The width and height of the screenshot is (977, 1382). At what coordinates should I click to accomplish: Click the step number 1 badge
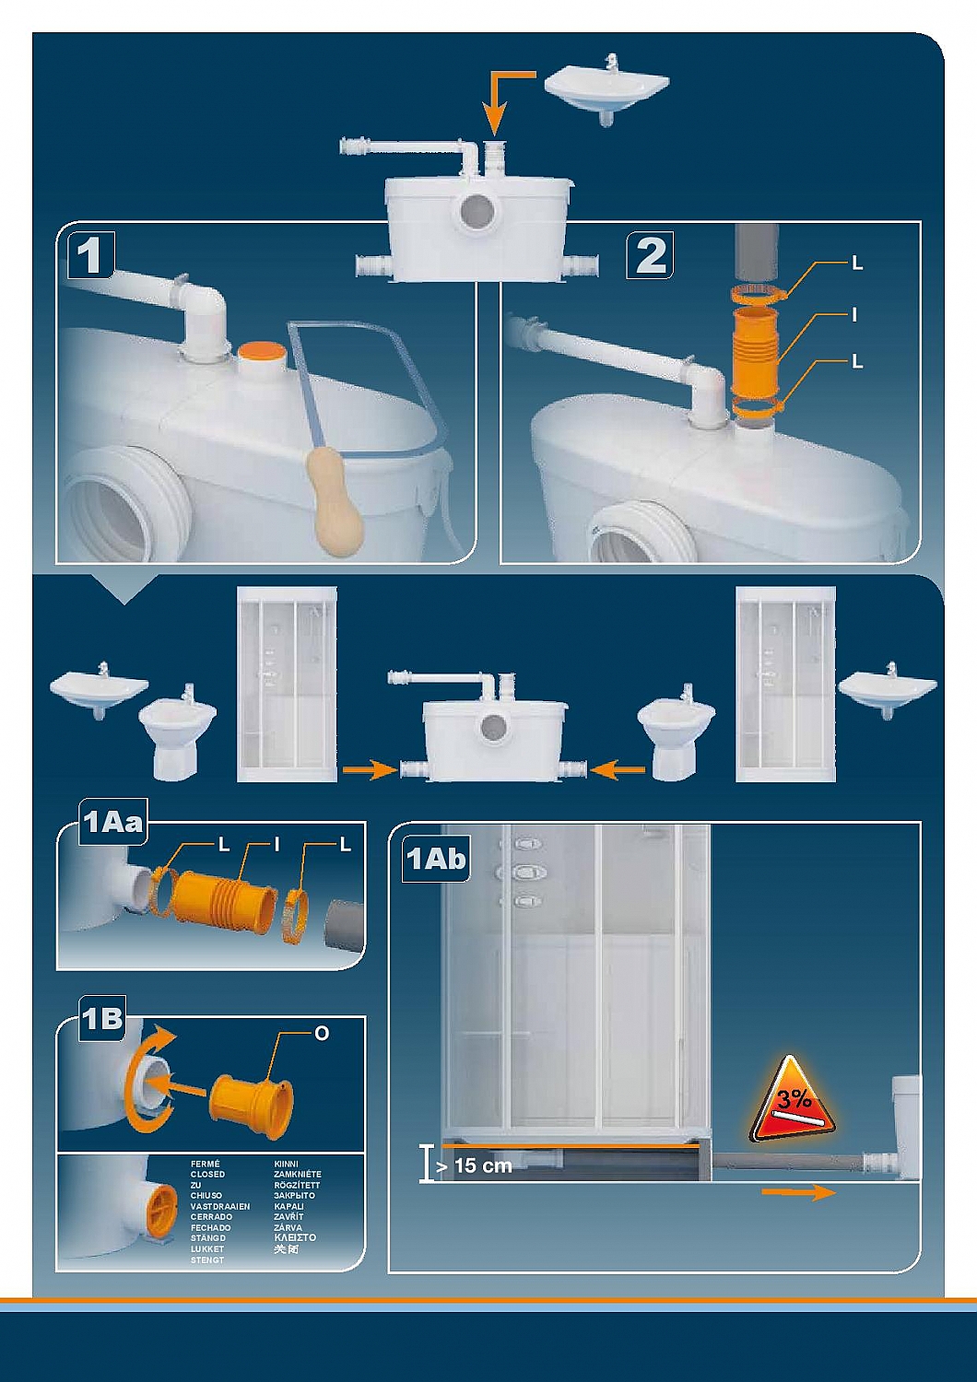pos(89,255)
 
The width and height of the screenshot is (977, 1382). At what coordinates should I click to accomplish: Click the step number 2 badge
pos(651,255)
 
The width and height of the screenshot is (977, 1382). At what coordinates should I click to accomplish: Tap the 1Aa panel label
pos(113,822)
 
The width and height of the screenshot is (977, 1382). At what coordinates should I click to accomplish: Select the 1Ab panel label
pos(436,859)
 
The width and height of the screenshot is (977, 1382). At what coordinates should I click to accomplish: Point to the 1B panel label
pos(101,1018)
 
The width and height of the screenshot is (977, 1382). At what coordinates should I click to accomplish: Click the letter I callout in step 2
pos(854,315)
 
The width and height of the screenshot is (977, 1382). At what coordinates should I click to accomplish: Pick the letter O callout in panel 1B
pos(321,1034)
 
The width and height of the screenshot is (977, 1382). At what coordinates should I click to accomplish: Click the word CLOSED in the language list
pos(207,1175)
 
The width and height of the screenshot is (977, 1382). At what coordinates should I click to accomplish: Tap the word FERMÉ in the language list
pos(206,1164)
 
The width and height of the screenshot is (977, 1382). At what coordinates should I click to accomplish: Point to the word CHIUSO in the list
pos(206,1196)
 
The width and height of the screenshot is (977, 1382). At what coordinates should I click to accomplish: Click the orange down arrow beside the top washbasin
pos(498,101)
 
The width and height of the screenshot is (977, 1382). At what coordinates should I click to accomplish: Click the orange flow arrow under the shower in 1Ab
pos(798,1193)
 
